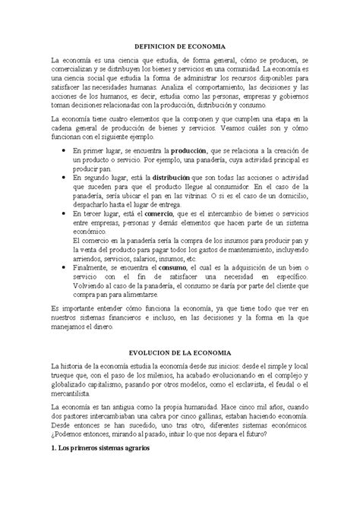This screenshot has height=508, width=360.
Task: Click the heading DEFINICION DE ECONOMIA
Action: [179, 46]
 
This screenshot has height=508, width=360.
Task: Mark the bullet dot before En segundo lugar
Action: [62, 176]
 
